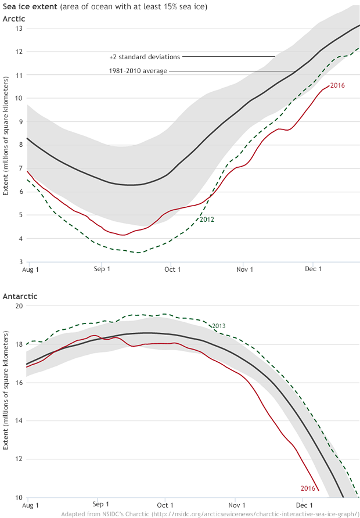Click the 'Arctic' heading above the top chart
pyautogui.click(x=14, y=19)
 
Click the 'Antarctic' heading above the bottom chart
pyautogui.click(x=20, y=296)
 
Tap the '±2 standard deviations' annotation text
pyautogui.click(x=145, y=57)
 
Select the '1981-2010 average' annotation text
pyautogui.click(x=138, y=71)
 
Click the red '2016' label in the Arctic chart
pyautogui.click(x=337, y=85)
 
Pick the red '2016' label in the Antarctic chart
pyautogui.click(x=308, y=488)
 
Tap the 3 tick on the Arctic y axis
pyautogui.click(x=20, y=262)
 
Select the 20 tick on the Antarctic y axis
pyautogui.click(x=19, y=306)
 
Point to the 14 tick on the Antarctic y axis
pyautogui.click(x=19, y=421)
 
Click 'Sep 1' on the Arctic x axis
pyautogui.click(x=102, y=269)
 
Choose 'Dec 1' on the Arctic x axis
pyautogui.click(x=313, y=269)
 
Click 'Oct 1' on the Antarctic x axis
pyautogui.click(x=165, y=505)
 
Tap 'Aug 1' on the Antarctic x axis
pyautogui.click(x=30, y=505)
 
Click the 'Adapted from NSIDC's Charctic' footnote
pyautogui.click(x=209, y=514)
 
